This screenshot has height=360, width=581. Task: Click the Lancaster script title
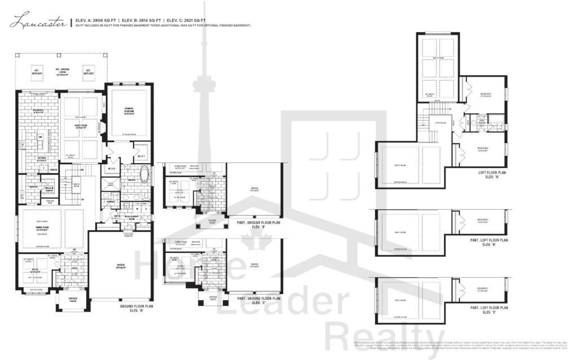click(39, 23)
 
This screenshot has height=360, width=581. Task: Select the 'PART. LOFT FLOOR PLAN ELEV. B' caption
click(488, 242)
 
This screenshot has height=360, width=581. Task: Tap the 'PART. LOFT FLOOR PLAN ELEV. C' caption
click(488, 310)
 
